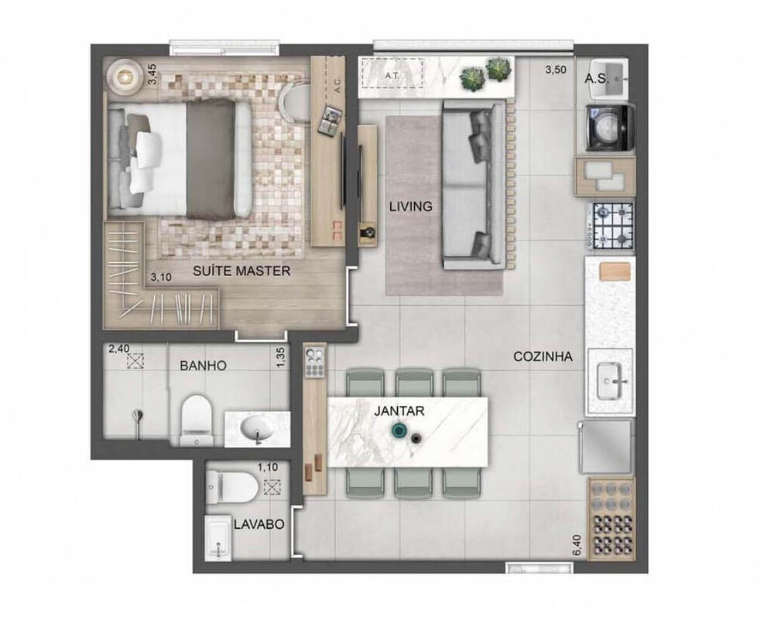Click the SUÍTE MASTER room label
coord(241,271)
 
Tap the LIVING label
coord(411,206)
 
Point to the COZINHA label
coord(543,357)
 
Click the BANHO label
coord(203,366)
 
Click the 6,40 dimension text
coord(575,544)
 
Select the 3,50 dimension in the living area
coord(556,70)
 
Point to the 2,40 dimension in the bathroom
coord(118,349)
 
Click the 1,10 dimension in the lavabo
coord(267,467)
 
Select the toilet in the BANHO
coord(195,421)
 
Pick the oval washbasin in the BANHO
coord(256,428)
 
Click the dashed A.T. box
coord(392,75)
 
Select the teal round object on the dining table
coord(400,431)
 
